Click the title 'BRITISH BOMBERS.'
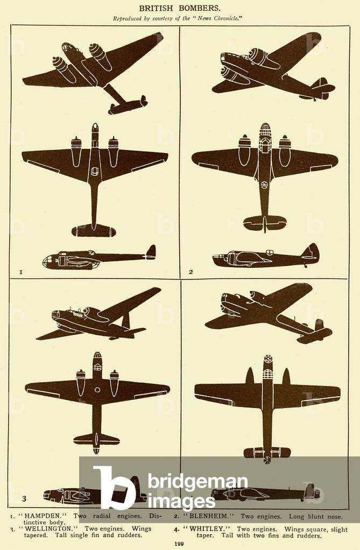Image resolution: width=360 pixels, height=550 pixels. (180, 8)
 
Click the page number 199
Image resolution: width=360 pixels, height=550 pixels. (180, 544)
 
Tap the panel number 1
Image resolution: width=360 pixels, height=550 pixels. (20, 272)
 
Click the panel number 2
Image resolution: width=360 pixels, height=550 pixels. (190, 272)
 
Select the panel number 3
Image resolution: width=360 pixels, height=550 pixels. (24, 498)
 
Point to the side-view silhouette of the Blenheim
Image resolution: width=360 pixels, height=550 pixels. (265, 257)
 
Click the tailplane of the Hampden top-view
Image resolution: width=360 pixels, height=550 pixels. (94, 231)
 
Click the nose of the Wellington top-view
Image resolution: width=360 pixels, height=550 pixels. (97, 359)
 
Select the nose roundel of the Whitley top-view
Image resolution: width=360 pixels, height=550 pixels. (267, 359)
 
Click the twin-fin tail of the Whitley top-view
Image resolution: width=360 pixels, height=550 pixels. (267, 453)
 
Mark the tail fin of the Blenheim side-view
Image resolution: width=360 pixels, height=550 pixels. (311, 251)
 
